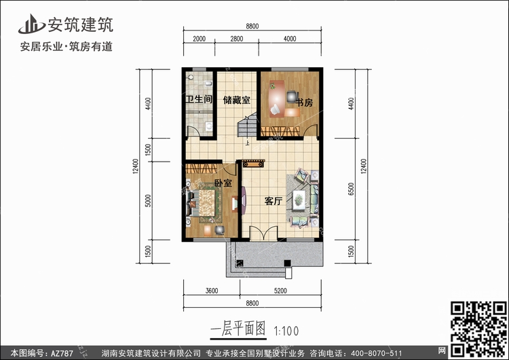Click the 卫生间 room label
(x=199, y=98)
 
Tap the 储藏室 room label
(x=237, y=100)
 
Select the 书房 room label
(x=304, y=103)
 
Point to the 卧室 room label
(x=223, y=183)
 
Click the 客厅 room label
(x=273, y=202)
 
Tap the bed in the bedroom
(x=203, y=203)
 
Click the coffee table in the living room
(x=299, y=200)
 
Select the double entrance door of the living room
(x=263, y=233)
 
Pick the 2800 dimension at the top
(x=237, y=39)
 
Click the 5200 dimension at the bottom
(x=280, y=291)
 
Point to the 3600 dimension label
(x=212, y=291)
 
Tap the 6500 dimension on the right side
(x=351, y=189)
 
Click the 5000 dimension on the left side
(x=148, y=201)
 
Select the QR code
(x=478, y=329)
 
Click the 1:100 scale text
(x=286, y=331)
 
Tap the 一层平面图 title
(x=238, y=329)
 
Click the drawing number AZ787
(x=62, y=353)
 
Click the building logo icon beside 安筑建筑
(x=31, y=24)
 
